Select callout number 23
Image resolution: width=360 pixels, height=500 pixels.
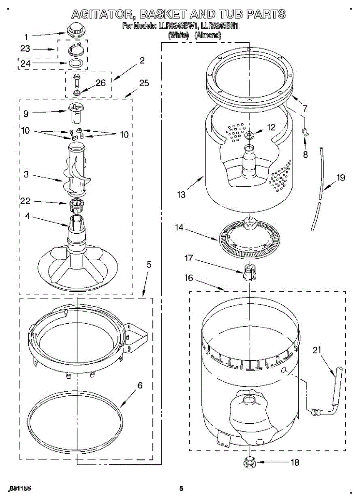click(25, 48)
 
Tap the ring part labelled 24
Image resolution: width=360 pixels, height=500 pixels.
click(75, 63)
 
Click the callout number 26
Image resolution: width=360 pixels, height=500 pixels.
click(100, 82)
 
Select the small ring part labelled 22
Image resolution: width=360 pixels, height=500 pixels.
click(77, 204)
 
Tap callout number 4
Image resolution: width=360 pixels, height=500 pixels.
click(27, 216)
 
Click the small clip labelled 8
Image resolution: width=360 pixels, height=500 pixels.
click(305, 132)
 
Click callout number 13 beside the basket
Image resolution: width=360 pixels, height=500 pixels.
click(181, 194)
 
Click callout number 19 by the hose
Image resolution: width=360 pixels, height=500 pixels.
click(340, 177)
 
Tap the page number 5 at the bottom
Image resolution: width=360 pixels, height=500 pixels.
click(181, 489)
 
